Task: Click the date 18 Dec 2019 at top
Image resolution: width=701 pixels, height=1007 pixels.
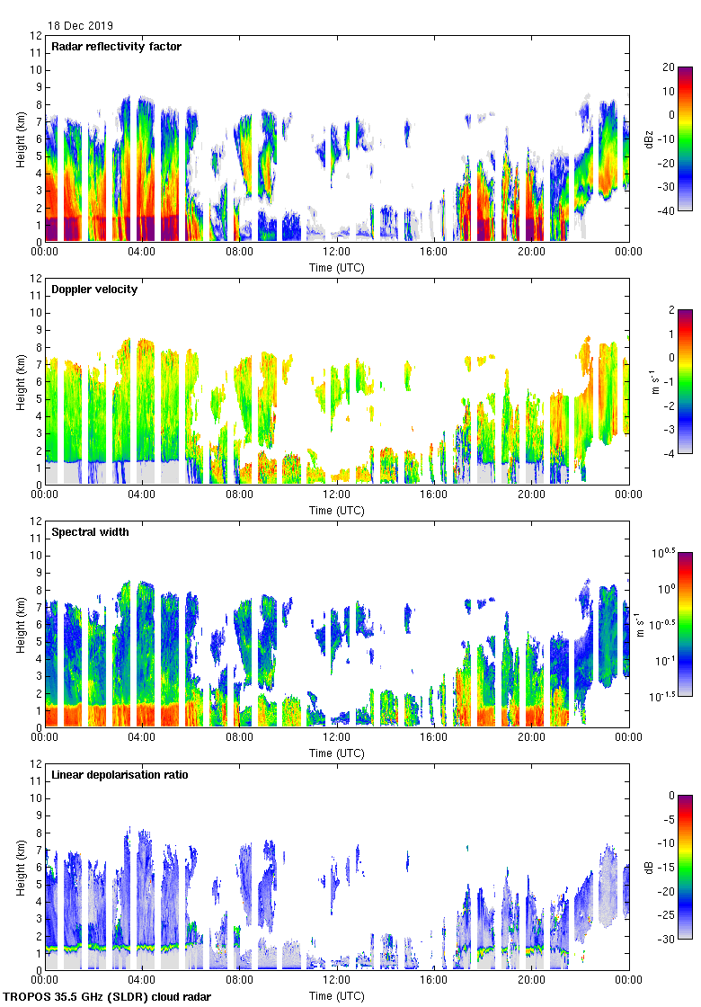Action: [81, 26]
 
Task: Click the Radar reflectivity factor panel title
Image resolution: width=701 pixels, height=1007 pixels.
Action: [116, 47]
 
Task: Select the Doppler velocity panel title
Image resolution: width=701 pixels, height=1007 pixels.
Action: [94, 290]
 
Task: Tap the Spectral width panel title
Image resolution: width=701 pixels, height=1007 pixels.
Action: [90, 532]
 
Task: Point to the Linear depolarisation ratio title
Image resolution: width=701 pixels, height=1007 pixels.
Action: [120, 775]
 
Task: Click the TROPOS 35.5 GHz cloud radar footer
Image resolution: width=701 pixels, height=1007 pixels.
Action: [109, 997]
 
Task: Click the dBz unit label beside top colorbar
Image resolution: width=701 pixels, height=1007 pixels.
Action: [649, 138]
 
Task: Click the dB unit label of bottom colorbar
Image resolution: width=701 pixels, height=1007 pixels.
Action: [649, 868]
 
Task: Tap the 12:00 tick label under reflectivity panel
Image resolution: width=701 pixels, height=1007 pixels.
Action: [337, 253]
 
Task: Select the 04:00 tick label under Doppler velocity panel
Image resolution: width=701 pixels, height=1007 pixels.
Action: [142, 495]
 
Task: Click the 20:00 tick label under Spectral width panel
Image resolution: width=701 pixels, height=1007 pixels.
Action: [531, 738]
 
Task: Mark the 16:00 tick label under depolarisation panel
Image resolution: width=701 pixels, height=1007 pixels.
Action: [434, 981]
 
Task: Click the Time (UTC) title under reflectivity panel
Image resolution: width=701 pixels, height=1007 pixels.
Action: [337, 267]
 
